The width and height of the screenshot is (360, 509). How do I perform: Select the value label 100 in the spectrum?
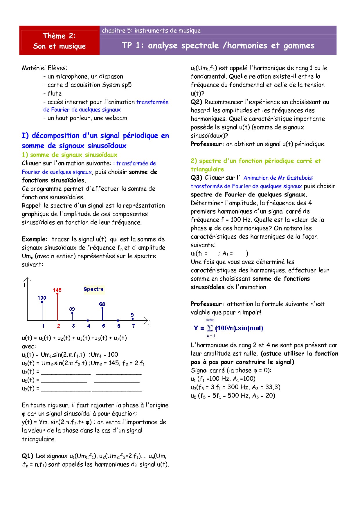pos(42,298)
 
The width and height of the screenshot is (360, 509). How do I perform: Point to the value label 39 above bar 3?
pos(72,309)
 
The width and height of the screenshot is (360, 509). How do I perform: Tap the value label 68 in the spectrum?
pos(102,304)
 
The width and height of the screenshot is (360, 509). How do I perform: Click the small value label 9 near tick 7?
pos(132,315)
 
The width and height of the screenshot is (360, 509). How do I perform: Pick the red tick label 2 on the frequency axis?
pos(59,326)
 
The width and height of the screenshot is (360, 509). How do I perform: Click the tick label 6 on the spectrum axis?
pos(119,326)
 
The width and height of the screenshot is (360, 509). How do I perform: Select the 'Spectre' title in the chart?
pos(93,289)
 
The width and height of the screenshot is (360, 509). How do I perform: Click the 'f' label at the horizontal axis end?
pos(148,326)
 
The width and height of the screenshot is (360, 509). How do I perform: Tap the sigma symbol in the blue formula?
pos(210,328)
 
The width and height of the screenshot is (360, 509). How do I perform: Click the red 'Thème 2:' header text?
pos(59,36)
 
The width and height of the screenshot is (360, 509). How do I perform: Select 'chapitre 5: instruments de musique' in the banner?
pos(151,30)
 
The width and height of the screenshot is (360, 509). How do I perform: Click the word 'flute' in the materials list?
pos(55,93)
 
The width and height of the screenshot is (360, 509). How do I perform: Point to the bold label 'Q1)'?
pos(28,456)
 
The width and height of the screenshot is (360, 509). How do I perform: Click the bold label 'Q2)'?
pos(197,102)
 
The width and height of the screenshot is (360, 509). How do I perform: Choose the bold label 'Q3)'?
pos(197,178)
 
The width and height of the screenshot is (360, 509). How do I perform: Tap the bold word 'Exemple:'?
pos(35,239)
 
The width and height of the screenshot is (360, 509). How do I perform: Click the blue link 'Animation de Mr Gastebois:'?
pos(278,178)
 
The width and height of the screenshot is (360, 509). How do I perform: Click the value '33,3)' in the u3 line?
pos(273,387)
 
